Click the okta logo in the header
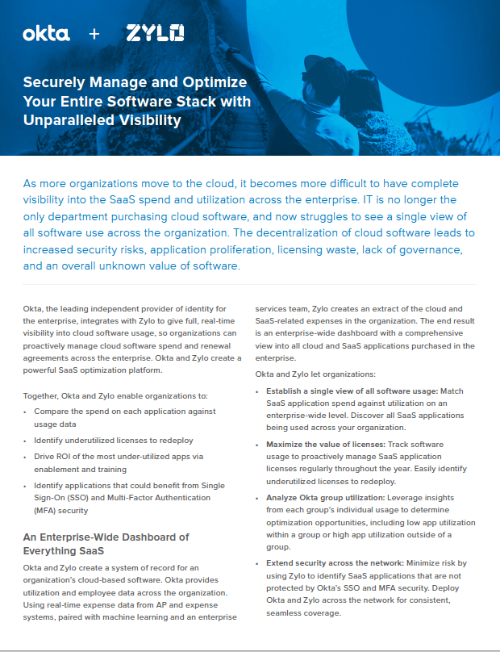(x=46, y=33)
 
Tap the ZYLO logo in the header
(x=155, y=33)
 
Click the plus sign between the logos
(x=94, y=34)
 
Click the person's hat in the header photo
(x=323, y=64)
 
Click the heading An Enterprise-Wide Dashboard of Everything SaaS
(x=105, y=543)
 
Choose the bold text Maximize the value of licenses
(x=325, y=444)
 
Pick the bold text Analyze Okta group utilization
(x=327, y=498)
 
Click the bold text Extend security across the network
(x=335, y=562)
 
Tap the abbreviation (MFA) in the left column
(x=45, y=510)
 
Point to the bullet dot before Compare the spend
(x=26, y=412)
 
